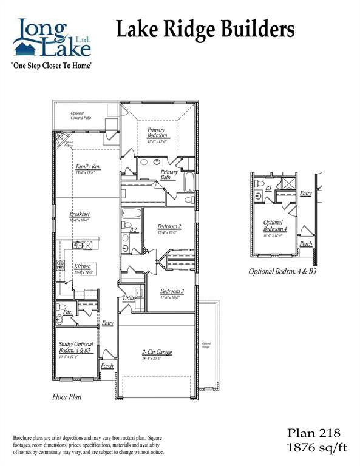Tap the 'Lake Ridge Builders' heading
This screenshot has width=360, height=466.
tap(205, 29)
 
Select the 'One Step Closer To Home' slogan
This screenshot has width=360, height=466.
tap(52, 64)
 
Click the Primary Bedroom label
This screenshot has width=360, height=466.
tap(157, 132)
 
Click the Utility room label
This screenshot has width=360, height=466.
tap(129, 299)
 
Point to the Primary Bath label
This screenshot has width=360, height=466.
tap(169, 175)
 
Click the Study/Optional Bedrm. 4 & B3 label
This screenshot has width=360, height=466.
tap(75, 348)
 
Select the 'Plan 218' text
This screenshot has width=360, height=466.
tap(314, 433)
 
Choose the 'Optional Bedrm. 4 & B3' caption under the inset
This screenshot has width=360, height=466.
tap(282, 271)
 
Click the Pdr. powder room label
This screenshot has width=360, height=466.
tap(68, 312)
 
